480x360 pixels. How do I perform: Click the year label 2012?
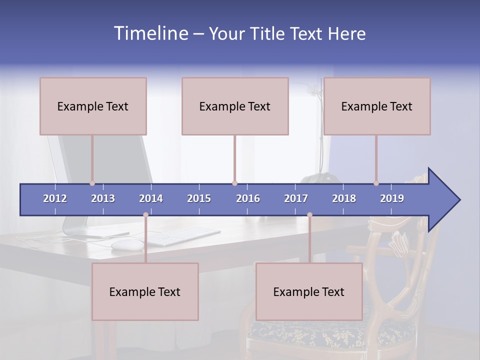coord(55,198)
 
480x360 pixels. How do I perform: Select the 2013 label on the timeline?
coord(103,198)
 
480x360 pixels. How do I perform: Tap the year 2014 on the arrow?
coord(151,198)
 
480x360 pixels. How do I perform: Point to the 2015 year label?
coord(199,198)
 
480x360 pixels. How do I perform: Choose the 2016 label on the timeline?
coord(248,198)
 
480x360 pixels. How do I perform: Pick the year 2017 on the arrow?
coord(296,198)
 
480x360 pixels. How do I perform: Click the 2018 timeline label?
coord(344,198)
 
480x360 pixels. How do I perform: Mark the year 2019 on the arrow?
coord(392,198)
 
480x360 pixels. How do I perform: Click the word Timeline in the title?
coord(150,33)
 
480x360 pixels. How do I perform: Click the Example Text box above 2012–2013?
coord(93,106)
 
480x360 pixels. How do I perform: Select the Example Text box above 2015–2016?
coord(235,106)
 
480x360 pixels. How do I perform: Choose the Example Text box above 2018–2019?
coord(377,106)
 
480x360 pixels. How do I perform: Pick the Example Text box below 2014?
coord(145,292)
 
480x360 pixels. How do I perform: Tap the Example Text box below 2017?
coord(309,292)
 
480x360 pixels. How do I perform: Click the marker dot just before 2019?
coord(376,183)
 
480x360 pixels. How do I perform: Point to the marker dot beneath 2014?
coord(145,215)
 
